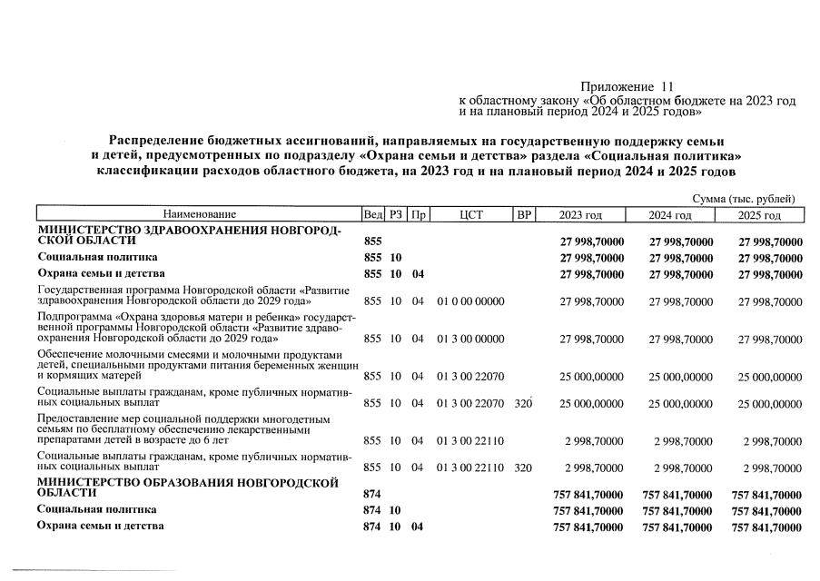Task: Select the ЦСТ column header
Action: coord(470,215)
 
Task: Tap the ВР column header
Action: coord(523,215)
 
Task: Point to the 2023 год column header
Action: coord(580,215)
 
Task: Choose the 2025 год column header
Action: coord(759,215)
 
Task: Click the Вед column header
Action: coord(372,215)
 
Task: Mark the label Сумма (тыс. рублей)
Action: coord(744,199)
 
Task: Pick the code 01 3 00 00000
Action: coord(470,339)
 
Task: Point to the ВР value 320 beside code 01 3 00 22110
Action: coord(522,468)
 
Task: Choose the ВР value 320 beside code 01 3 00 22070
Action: coord(522,403)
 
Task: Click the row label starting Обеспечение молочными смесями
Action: coord(196,364)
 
